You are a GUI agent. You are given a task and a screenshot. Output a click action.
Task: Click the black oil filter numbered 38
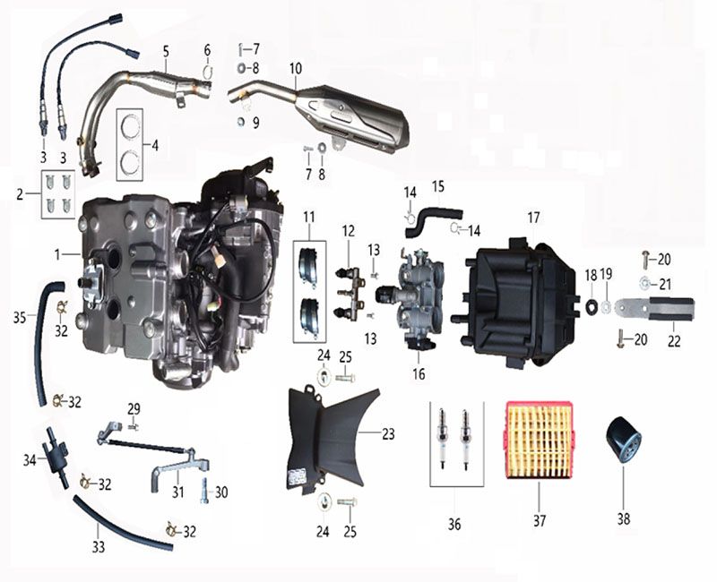tap(624, 439)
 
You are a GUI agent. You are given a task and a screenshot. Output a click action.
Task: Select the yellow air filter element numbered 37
tap(540, 440)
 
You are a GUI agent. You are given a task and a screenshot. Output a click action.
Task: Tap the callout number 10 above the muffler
tap(296, 69)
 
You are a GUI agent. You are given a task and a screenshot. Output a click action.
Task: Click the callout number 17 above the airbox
tap(533, 218)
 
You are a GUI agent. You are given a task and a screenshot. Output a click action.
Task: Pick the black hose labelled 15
tap(432, 221)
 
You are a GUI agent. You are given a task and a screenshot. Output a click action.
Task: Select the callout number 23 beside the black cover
tap(388, 433)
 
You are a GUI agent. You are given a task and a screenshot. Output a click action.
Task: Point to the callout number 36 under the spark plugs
tap(454, 524)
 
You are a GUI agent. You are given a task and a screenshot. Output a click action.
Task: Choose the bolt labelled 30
tap(204, 491)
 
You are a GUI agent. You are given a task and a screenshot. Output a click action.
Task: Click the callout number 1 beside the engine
tap(57, 254)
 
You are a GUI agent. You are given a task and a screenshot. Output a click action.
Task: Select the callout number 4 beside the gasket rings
tap(155, 146)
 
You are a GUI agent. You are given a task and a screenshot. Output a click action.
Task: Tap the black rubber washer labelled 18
tap(591, 305)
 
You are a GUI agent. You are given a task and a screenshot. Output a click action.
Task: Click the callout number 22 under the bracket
tap(674, 341)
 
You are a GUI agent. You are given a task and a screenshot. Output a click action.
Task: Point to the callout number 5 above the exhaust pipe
tap(166, 51)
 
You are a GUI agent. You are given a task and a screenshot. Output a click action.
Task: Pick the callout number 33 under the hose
tap(99, 546)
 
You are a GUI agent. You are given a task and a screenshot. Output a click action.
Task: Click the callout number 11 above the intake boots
tap(309, 217)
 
